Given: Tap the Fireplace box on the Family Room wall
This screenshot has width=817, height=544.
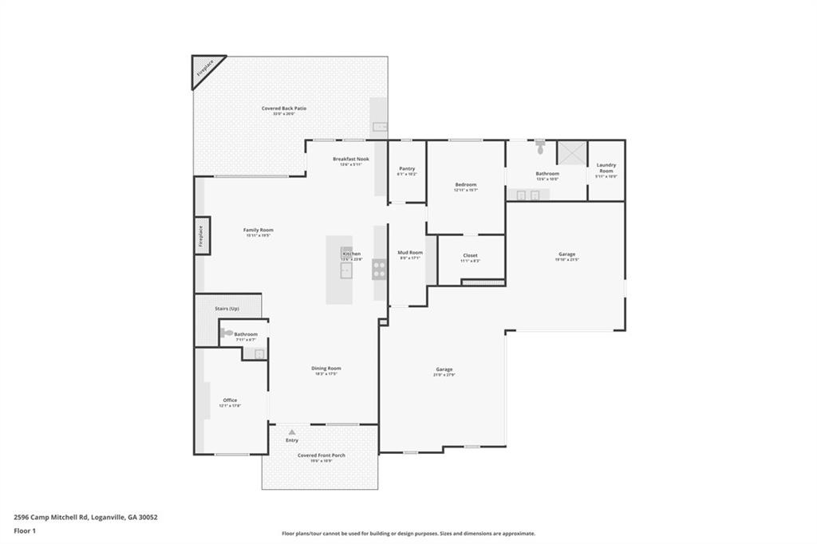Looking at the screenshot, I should [x=202, y=237].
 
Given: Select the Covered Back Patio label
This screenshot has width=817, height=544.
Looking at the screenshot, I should [x=284, y=108].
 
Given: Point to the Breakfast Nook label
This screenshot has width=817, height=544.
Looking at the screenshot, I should [x=351, y=159].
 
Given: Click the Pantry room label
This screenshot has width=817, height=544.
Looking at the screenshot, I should [x=407, y=168].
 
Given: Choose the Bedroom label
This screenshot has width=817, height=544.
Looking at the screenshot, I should [x=465, y=184].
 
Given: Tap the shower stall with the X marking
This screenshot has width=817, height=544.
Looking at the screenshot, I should [x=571, y=152].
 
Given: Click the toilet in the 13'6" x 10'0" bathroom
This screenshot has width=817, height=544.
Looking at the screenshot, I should [x=540, y=148].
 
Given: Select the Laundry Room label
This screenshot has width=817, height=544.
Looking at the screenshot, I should [x=606, y=168].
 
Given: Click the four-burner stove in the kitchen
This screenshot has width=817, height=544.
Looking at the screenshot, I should [x=379, y=270].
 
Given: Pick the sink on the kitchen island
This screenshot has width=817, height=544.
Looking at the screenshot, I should [x=346, y=270].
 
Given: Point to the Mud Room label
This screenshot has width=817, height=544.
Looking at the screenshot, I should [x=410, y=253].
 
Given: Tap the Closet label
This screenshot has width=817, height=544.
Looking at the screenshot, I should [x=470, y=255].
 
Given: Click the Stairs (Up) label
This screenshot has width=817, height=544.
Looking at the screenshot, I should [x=227, y=308].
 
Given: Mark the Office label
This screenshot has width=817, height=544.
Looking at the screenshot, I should [x=230, y=400].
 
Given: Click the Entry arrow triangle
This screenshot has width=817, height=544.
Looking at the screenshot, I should [x=292, y=432].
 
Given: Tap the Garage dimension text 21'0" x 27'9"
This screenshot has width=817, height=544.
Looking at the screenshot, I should [x=444, y=375].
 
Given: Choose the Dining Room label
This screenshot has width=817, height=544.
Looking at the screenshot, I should [x=326, y=369].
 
